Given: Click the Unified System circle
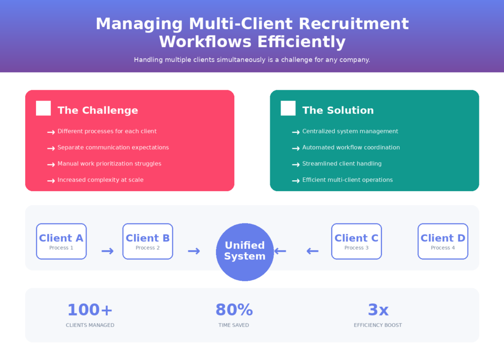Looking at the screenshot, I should click(x=245, y=252).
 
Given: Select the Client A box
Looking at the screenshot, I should click(x=61, y=241).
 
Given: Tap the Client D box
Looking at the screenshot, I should click(x=442, y=241).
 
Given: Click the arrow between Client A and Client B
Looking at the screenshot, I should click(x=107, y=251).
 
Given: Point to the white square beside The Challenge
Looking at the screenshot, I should click(x=43, y=108).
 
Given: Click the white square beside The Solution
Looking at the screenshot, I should click(x=288, y=108).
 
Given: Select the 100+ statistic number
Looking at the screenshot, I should click(x=90, y=310).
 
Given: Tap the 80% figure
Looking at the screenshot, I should click(x=234, y=310).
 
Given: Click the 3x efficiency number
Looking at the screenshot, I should click(x=378, y=310).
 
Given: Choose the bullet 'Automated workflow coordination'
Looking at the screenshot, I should click(x=351, y=147).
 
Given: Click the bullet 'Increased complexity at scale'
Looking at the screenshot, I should click(x=100, y=180).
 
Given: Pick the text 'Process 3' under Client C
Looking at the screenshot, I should click(x=356, y=248).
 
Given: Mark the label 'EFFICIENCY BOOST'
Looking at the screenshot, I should click(x=378, y=325).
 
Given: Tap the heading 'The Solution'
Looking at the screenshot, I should click(x=338, y=110).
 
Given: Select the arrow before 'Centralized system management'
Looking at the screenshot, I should click(x=296, y=132).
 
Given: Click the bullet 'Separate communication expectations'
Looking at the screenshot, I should click(x=113, y=147).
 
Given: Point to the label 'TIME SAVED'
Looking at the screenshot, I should click(x=234, y=325).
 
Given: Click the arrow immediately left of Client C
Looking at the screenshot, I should click(x=312, y=251).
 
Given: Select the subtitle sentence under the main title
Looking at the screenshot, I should click(x=252, y=60).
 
